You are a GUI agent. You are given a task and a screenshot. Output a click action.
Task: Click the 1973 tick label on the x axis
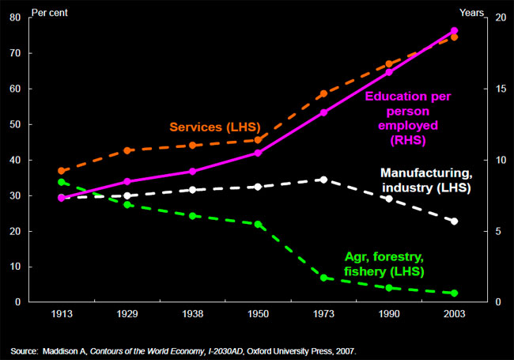[323, 314]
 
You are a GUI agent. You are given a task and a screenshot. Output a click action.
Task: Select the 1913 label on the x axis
[62, 314]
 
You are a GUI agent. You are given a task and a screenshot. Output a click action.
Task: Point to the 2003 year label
[454, 314]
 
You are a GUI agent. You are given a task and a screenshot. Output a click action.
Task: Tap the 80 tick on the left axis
[16, 17]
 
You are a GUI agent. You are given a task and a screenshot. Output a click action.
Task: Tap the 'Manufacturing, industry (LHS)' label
[425, 180]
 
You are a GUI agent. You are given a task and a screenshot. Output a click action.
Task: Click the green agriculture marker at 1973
[323, 278]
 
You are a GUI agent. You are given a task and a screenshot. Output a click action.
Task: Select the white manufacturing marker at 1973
[323, 180]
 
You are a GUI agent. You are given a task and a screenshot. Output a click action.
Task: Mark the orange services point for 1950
[257, 140]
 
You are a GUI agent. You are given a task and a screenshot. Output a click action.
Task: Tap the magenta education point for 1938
[192, 171]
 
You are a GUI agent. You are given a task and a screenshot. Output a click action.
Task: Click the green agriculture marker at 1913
[62, 182]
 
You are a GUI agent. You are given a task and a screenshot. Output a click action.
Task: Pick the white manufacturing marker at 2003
[454, 222]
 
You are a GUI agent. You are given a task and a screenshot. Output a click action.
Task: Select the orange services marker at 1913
[62, 171]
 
